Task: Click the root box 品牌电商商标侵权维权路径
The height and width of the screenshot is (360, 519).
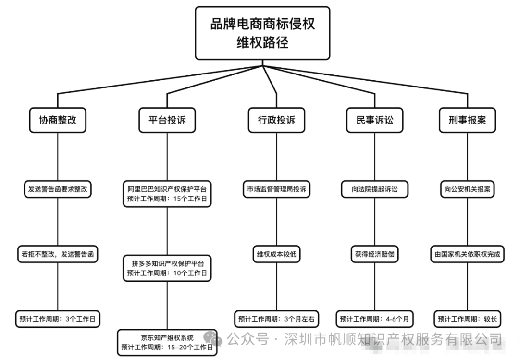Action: tap(262, 33)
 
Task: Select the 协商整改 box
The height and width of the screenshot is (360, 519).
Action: tap(58, 120)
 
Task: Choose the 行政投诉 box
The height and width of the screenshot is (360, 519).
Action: tap(276, 120)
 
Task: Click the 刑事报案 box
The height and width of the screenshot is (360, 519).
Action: tap(467, 120)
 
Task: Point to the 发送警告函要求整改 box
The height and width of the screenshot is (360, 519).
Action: tap(58, 189)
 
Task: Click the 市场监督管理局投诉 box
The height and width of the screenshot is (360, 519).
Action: tap(276, 189)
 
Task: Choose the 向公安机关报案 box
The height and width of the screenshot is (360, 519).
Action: tap(467, 189)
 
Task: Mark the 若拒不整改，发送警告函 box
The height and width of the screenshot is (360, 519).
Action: tap(58, 254)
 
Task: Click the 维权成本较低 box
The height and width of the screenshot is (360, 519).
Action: tap(276, 254)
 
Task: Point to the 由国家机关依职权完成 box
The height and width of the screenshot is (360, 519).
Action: tap(467, 254)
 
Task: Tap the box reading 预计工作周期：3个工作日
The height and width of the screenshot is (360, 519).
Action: tap(58, 319)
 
